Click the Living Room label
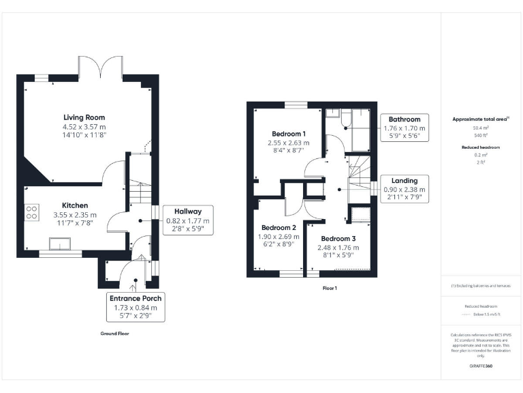(x=84, y=117)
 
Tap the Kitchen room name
(x=75, y=205)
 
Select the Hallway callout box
(x=189, y=220)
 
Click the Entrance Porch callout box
(x=136, y=307)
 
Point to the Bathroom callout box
(x=405, y=128)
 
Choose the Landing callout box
(x=405, y=189)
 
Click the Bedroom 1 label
(x=289, y=133)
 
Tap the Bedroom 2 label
(x=279, y=227)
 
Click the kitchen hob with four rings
(x=31, y=213)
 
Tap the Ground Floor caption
(x=114, y=334)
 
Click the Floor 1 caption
(x=330, y=288)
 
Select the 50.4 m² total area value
(x=481, y=128)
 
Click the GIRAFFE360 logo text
(x=481, y=366)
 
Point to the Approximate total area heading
(x=481, y=119)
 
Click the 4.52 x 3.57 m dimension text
(x=84, y=126)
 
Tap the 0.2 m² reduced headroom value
(x=481, y=154)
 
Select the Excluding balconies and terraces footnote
(x=481, y=285)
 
